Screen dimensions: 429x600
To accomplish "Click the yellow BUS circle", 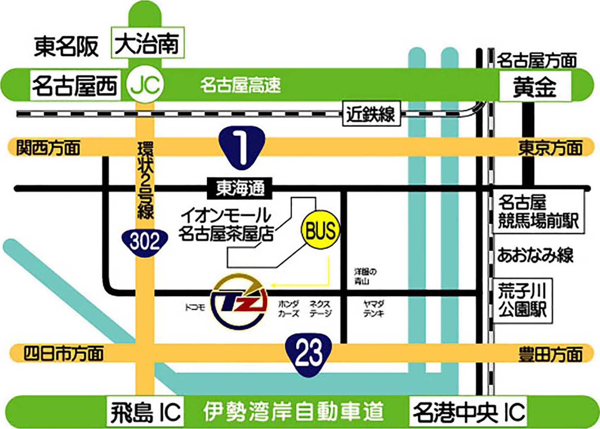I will (320, 230).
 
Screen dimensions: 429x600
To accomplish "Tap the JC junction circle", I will (145, 85).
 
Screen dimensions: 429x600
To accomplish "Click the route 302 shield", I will (145, 242).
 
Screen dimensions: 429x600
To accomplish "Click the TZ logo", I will (238, 301).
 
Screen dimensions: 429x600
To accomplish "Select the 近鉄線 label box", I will (371, 113).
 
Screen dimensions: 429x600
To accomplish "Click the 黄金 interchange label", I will (535, 87).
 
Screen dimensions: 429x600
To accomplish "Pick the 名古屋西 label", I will (75, 86).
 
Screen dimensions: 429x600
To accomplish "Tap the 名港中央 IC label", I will (468, 412).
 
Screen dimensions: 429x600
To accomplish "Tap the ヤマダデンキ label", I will (373, 309).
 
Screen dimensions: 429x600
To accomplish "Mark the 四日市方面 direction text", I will (64, 353).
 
